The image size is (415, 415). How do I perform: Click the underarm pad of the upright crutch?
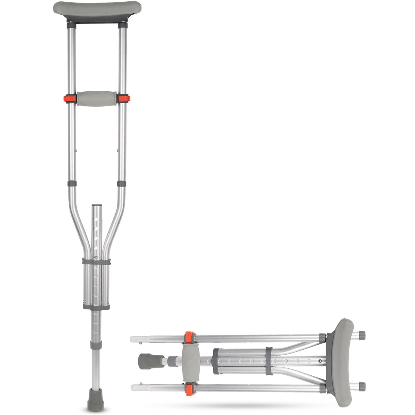[x=97, y=9]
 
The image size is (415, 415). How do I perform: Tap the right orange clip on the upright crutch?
[x=123, y=98]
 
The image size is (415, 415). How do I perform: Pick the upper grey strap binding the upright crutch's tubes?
[x=96, y=262]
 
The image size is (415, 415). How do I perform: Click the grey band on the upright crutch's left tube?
[x=72, y=184]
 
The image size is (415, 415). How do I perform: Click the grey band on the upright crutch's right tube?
[x=121, y=184]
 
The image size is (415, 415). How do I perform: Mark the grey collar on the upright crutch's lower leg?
[x=96, y=344]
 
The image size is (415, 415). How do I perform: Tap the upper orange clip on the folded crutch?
[x=190, y=337]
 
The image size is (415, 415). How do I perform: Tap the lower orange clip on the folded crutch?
[x=190, y=388]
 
